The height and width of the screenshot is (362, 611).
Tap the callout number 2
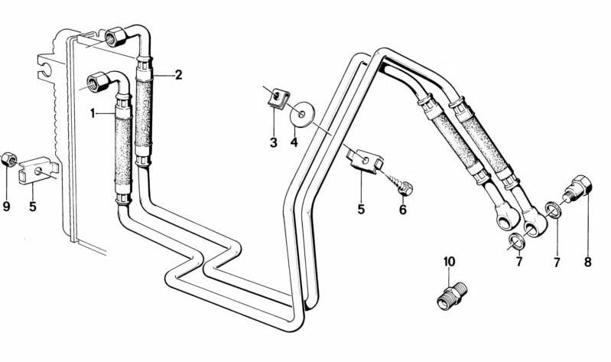coord(178,75)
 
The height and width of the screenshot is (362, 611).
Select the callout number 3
coord(273,142)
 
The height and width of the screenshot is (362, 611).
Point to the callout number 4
coord(293,142)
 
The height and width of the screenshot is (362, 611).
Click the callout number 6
coord(403,209)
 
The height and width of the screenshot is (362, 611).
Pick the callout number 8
coord(588,263)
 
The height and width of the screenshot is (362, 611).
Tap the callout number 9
coord(7,206)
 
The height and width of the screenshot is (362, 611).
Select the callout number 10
coord(449,262)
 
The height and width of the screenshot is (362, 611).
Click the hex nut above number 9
coord(7,159)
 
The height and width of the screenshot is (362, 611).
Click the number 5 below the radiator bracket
coord(32,206)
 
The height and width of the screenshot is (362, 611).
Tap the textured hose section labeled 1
coord(122,149)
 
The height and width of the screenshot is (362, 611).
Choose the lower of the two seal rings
coord(517,241)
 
